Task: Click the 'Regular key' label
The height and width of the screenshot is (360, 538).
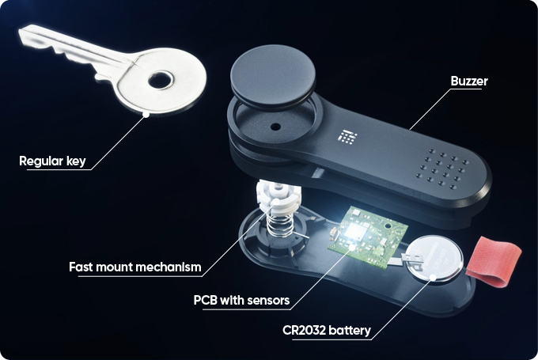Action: click(x=52, y=162)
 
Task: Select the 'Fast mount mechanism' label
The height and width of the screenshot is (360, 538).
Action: click(x=135, y=266)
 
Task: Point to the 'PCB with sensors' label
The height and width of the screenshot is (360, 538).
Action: click(x=241, y=301)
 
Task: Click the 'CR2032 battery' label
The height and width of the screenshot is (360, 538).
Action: click(x=326, y=330)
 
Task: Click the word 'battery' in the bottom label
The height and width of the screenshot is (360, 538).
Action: click(x=349, y=330)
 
